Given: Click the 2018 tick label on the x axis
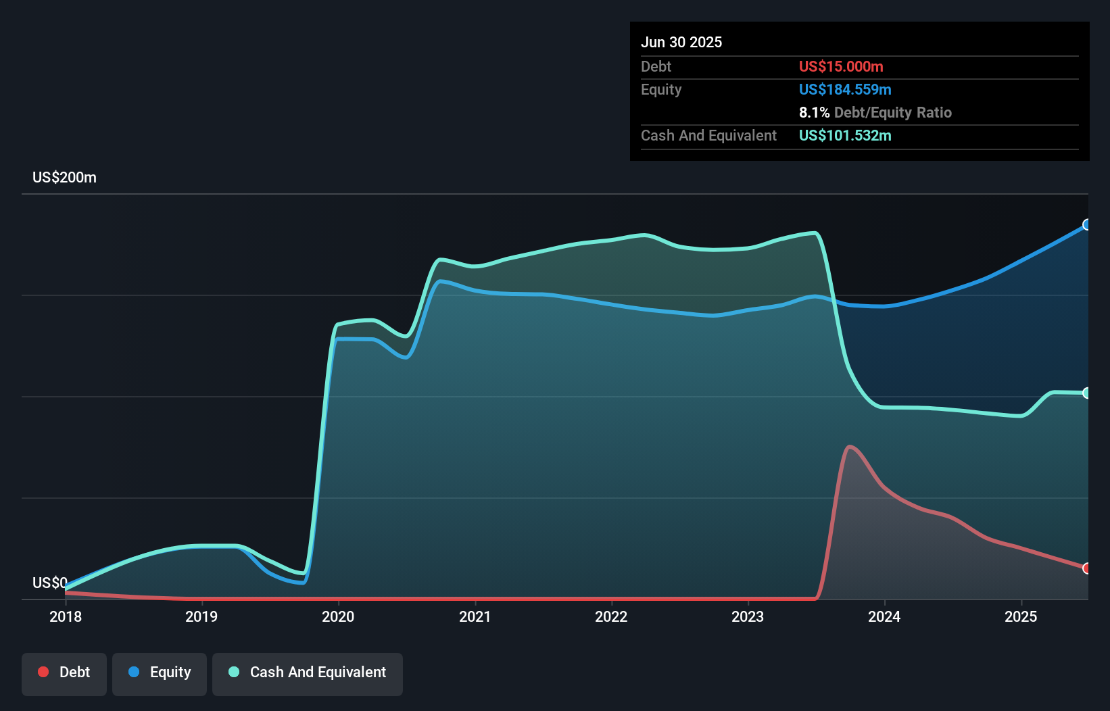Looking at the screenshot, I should click(x=66, y=616).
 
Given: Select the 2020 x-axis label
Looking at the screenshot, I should click(x=338, y=616).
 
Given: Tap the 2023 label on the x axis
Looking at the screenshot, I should click(x=748, y=616).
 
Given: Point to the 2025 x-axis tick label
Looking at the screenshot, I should click(x=1021, y=616).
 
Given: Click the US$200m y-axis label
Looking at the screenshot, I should click(x=64, y=178).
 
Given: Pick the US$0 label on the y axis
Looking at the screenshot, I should click(x=50, y=583).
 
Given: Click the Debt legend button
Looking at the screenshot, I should click(x=64, y=672).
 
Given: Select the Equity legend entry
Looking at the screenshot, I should click(x=160, y=672).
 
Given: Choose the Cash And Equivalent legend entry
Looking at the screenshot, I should click(x=308, y=672).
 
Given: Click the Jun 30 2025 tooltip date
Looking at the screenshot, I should click(x=681, y=42).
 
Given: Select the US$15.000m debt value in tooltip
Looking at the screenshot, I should click(x=841, y=66).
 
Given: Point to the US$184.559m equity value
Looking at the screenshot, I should click(x=845, y=89).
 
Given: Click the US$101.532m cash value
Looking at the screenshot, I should click(x=845, y=135).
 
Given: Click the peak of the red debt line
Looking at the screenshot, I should click(x=850, y=446).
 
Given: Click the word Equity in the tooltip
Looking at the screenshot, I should click(x=661, y=89).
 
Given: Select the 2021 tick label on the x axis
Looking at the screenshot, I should click(x=475, y=616).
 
